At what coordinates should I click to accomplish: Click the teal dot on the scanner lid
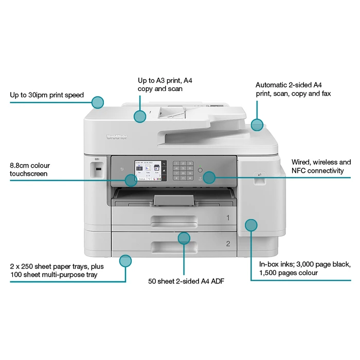[140, 116]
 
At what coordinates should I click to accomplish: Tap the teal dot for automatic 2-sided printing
[257, 124]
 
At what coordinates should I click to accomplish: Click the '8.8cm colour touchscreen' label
[30, 170]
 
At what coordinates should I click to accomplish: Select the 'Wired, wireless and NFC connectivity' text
[321, 166]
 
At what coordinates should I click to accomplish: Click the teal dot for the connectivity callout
[208, 177]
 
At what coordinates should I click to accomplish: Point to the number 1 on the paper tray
[228, 218]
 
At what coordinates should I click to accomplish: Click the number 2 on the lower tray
[228, 243]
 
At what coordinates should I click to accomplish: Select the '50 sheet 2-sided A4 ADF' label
[186, 281]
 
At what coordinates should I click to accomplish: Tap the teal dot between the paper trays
[184, 238]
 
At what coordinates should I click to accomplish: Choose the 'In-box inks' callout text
[304, 268]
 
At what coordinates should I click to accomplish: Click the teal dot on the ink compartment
[251, 225]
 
